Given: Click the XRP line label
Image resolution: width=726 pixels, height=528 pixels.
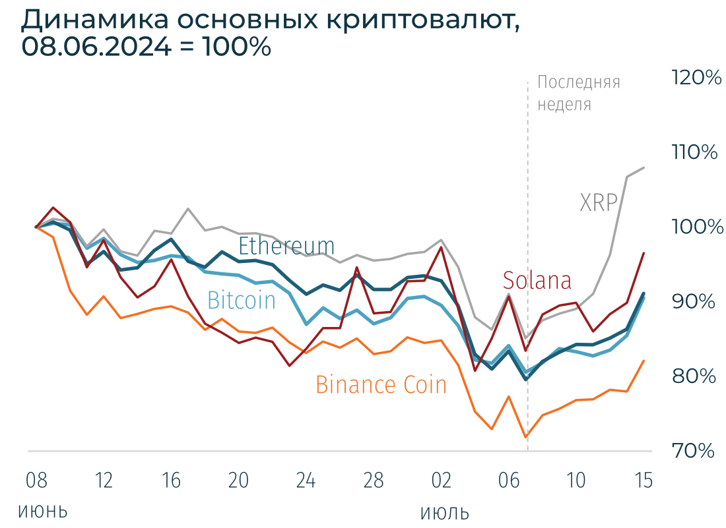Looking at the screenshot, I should (598, 202).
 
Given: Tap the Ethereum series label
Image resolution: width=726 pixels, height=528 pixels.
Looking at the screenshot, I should (286, 246).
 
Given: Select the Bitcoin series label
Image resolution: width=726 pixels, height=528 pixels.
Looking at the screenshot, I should (242, 301).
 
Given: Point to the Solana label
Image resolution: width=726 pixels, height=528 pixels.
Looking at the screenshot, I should (537, 281).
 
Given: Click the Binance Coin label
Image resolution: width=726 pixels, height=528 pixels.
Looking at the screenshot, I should (381, 384).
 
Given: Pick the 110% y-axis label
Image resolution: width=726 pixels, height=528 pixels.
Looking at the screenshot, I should (695, 153).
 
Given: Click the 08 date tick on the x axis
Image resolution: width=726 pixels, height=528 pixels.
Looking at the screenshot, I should (36, 481).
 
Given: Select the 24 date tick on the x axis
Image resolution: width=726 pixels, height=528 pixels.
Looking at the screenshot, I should (306, 481).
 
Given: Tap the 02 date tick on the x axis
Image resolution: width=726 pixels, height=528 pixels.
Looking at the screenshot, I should (440, 481).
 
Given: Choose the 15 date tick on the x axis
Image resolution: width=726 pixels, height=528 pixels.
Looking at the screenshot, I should (643, 481).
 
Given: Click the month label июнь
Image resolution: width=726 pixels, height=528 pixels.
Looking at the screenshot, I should (43, 511).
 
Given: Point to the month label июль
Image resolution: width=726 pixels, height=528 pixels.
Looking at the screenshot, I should (445, 513).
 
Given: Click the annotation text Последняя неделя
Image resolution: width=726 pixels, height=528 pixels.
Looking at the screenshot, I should (578, 93).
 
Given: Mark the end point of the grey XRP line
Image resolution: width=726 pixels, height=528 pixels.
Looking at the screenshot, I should (644, 167).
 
